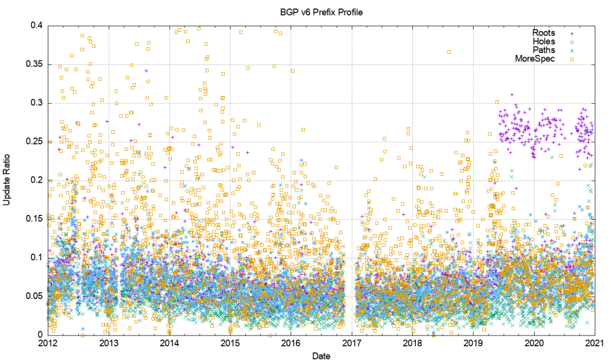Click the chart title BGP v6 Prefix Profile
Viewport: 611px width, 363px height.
[x=321, y=11]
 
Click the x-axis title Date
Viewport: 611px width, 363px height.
[x=321, y=356]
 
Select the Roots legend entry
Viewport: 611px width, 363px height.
[x=544, y=33]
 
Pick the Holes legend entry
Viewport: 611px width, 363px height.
[x=544, y=42]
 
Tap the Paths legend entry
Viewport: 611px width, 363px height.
[x=544, y=50]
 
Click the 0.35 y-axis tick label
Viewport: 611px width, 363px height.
[x=33, y=64]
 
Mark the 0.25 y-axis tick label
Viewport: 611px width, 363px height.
[x=33, y=141]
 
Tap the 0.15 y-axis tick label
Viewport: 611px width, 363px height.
[x=33, y=219]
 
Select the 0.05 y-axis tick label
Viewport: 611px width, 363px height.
[x=33, y=296]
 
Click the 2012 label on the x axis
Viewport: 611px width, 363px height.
[x=48, y=343]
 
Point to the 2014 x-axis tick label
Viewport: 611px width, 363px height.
[x=169, y=343]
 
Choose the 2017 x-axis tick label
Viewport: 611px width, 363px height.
[x=352, y=343]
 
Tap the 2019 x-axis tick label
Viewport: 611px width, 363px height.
[x=473, y=343]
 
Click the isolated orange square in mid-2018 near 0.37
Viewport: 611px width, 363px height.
[x=449, y=51]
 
